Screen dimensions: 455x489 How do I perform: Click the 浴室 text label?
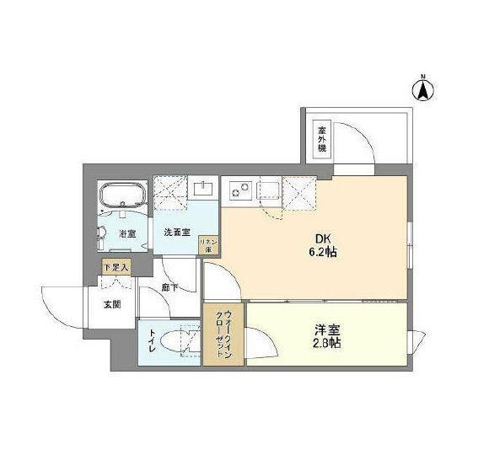coord(127,233)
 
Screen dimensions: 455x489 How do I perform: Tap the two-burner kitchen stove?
coord(239,189)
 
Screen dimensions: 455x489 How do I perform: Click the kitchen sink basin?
coord(270,189)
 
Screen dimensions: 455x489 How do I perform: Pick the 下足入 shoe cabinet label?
coord(116,268)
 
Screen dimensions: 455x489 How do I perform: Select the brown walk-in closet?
coord(223,335)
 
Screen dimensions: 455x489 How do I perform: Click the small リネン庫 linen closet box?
coord(209,245)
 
